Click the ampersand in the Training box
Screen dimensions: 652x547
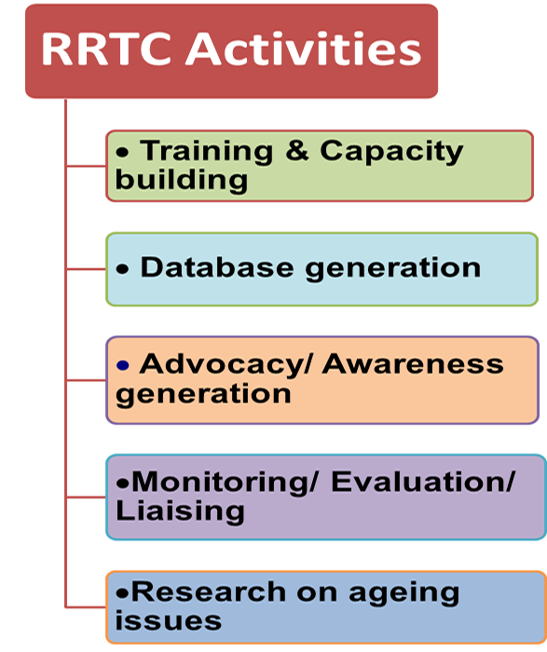click(297, 151)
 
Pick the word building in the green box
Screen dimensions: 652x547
click(182, 180)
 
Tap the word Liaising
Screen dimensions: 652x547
click(180, 511)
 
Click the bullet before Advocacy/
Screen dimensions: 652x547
click(123, 365)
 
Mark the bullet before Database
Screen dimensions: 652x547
click(123, 269)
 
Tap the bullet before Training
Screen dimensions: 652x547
click(123, 152)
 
